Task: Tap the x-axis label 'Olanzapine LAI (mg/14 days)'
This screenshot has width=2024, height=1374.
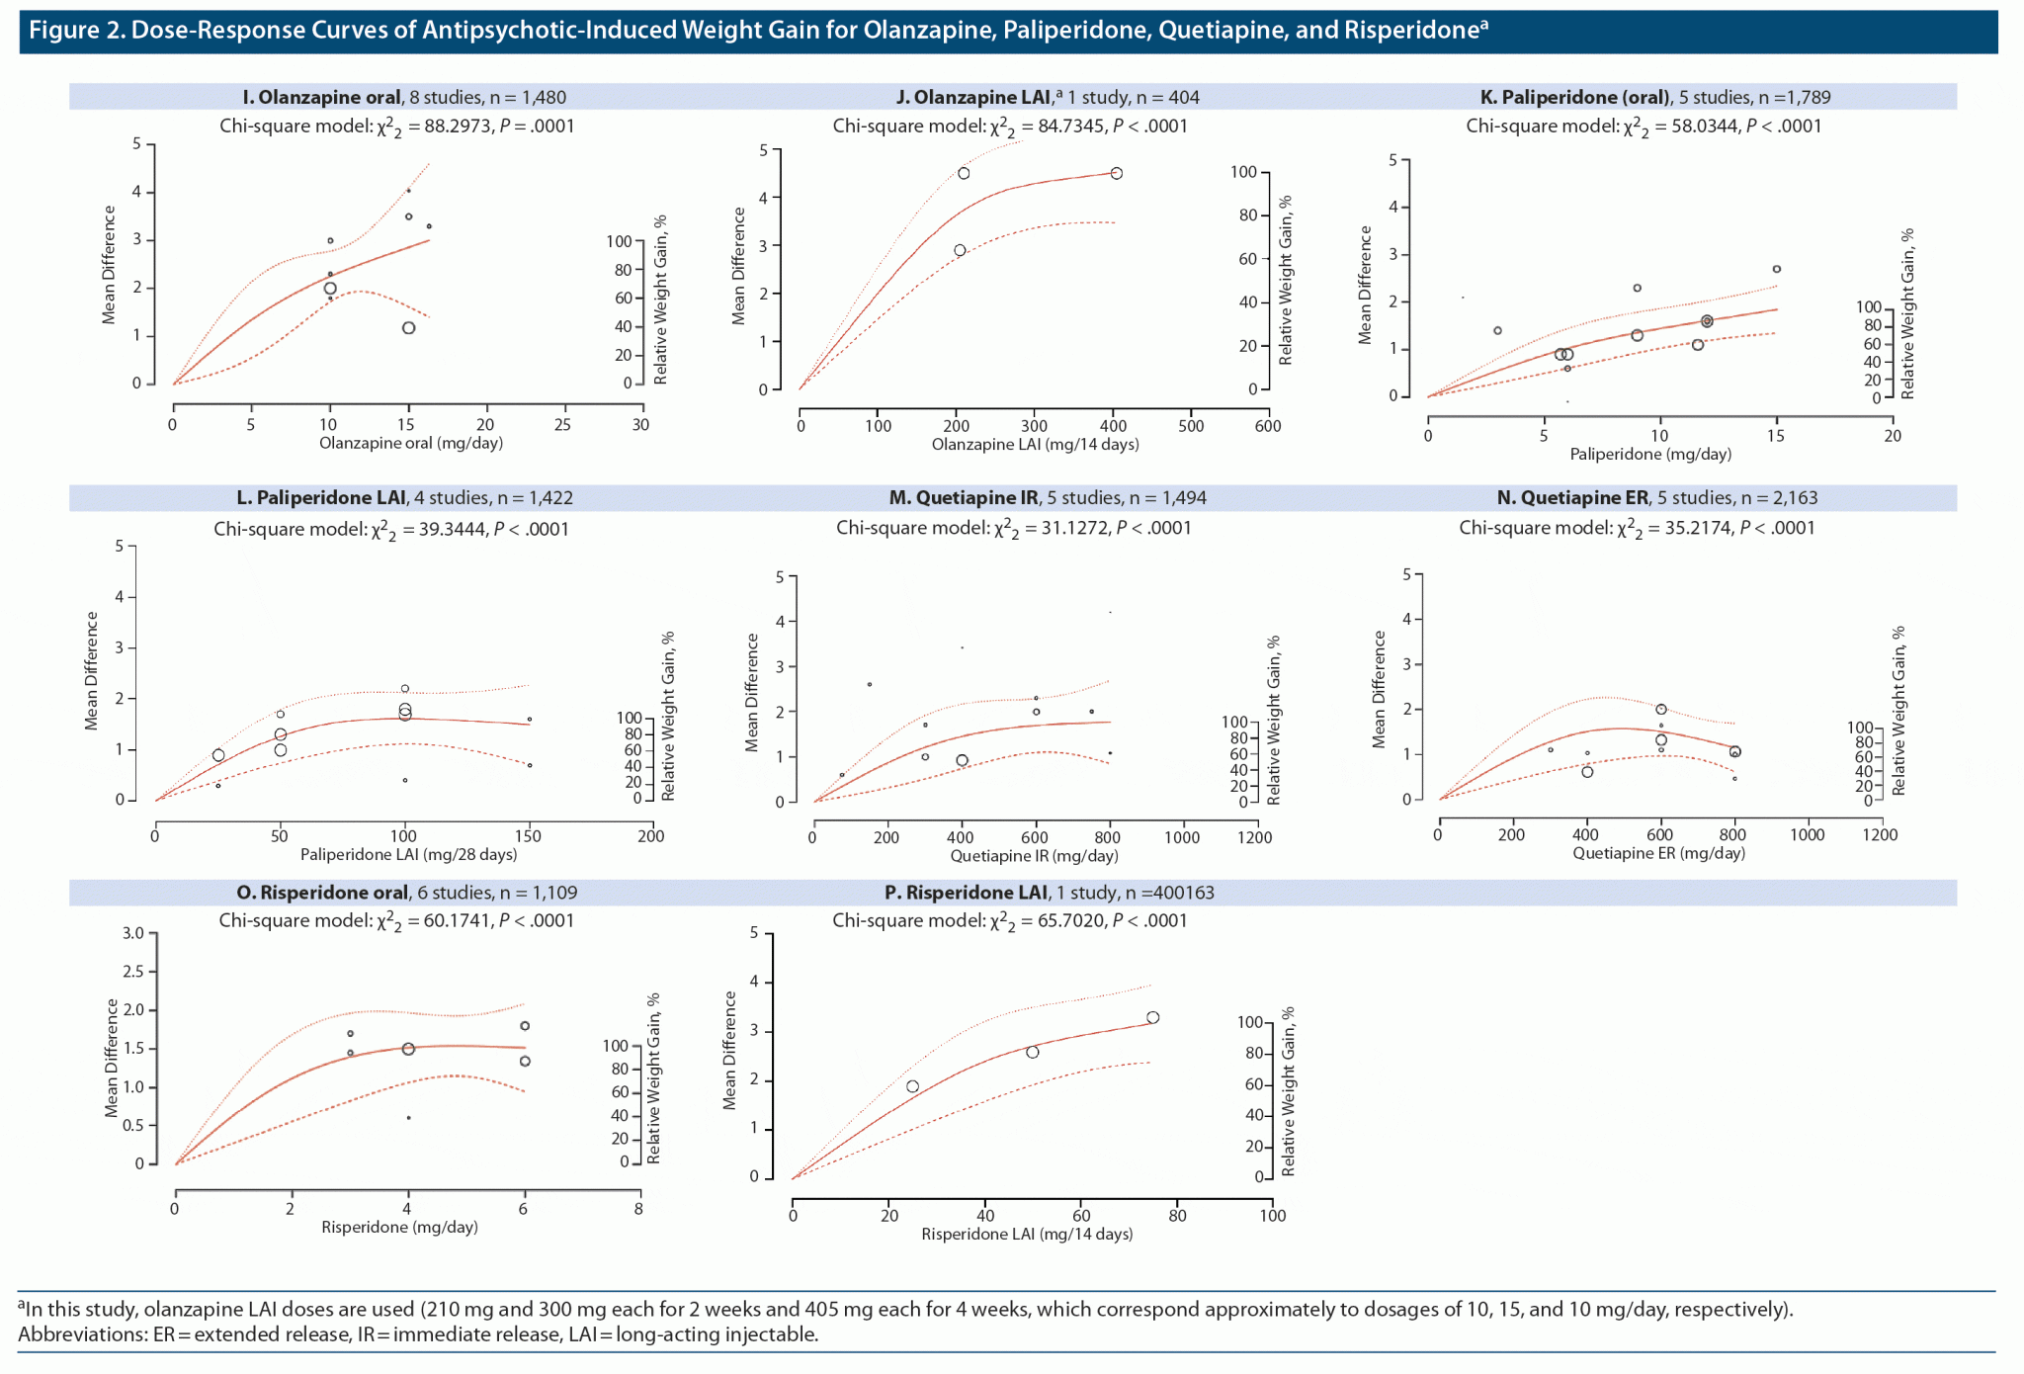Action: coord(1035,445)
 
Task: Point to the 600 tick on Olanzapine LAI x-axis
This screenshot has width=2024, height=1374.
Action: coord(1268,426)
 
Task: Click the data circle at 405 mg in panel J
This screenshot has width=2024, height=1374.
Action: coord(1116,173)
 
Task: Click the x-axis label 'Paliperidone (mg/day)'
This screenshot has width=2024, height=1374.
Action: coord(1650,455)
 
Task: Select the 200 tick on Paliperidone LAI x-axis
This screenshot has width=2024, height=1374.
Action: coord(650,836)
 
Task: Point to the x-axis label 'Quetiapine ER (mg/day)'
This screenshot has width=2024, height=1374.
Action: coord(1658,853)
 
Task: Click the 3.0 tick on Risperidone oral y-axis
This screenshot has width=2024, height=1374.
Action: coord(133,933)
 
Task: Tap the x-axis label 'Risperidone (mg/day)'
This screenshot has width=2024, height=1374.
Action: coord(399,1227)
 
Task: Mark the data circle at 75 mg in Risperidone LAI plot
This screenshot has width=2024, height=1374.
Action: coord(1152,1017)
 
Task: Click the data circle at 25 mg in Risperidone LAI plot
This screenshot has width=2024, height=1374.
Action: coord(912,1086)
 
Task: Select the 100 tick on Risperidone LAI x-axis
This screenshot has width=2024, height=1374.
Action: coord(1272,1215)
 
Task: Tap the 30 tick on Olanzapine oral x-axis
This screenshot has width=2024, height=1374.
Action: coord(641,425)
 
